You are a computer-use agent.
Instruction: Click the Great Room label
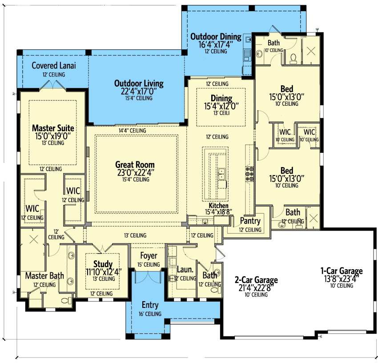(x=135, y=165)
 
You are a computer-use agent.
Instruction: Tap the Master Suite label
(x=53, y=128)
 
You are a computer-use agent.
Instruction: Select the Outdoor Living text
(x=139, y=84)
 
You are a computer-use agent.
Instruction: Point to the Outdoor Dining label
(x=216, y=36)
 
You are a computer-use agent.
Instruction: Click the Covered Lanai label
(x=54, y=65)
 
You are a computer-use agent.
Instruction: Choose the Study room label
(x=103, y=264)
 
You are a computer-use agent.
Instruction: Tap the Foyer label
(x=149, y=255)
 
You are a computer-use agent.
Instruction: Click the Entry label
(x=150, y=305)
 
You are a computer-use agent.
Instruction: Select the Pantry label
(x=250, y=221)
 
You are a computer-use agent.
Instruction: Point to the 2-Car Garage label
(x=256, y=280)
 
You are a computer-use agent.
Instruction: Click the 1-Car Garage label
(x=342, y=271)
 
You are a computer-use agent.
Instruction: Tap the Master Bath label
(x=44, y=275)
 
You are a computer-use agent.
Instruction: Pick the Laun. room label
(x=185, y=269)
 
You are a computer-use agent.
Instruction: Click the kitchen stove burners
(x=249, y=174)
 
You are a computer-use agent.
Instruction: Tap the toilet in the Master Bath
(x=67, y=300)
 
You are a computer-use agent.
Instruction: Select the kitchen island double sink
(x=221, y=174)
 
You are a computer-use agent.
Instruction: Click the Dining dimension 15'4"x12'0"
(x=221, y=106)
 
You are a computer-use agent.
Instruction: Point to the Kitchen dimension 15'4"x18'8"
(x=218, y=212)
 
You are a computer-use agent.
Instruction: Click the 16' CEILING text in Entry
(x=150, y=314)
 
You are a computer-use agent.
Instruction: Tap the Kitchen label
(x=218, y=206)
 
